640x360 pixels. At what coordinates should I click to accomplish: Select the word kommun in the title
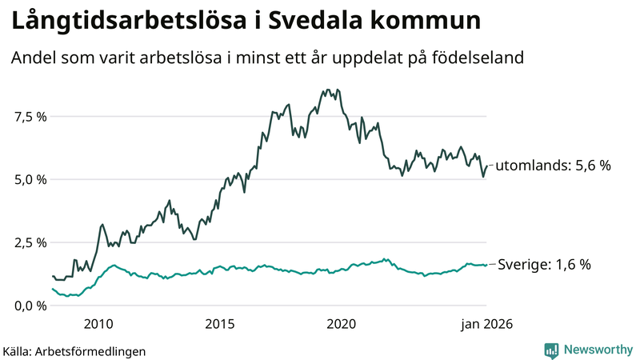[x=432, y=22]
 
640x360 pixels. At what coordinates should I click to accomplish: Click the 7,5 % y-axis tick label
[x=31, y=116]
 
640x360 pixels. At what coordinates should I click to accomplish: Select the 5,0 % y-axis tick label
[x=31, y=179]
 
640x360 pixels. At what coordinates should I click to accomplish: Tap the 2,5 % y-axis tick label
[x=31, y=242]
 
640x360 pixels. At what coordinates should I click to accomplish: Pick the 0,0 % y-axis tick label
[x=31, y=306]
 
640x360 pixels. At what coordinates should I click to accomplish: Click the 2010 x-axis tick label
[x=98, y=324]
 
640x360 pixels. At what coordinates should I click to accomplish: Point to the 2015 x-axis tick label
[x=220, y=324]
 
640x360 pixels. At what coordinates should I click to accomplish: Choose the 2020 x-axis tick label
[x=342, y=324]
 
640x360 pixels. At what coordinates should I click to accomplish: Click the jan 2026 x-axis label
[x=486, y=324]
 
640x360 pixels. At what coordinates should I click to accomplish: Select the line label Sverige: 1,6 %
[x=544, y=265]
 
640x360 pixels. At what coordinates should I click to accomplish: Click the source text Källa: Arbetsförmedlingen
[x=74, y=350]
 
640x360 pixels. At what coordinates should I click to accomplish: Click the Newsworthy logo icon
[x=552, y=350]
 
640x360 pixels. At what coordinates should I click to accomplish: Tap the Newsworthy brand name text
[x=598, y=350]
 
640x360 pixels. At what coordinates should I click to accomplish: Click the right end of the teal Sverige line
[x=486, y=265]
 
